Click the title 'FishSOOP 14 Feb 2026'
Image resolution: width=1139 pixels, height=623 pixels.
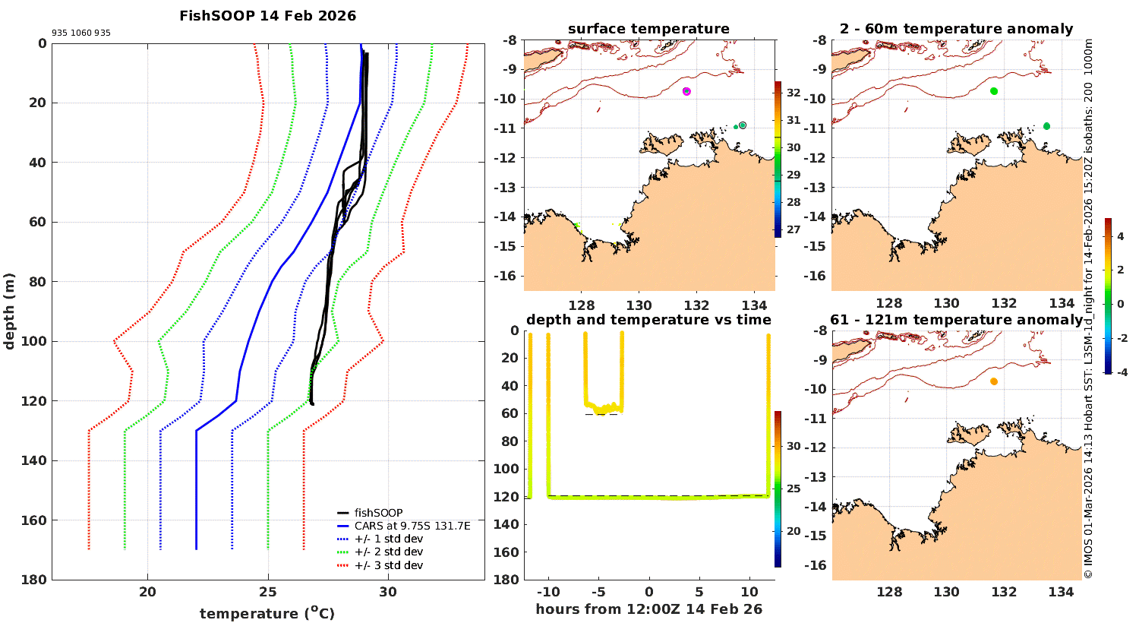(x=267, y=15)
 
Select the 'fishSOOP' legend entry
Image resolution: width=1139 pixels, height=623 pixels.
(x=378, y=513)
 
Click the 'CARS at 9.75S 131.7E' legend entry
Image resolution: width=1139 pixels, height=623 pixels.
(x=412, y=526)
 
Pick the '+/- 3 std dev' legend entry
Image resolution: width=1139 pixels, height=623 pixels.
(x=388, y=565)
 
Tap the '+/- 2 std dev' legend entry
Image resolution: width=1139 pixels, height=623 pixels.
(x=388, y=552)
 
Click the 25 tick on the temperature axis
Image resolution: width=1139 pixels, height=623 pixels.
(x=268, y=593)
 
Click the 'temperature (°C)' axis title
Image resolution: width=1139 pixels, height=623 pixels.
(x=267, y=613)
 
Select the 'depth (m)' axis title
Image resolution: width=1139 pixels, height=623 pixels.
(x=10, y=311)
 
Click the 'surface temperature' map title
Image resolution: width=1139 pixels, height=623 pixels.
(x=648, y=29)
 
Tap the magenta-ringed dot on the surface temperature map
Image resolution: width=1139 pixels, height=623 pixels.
(x=686, y=91)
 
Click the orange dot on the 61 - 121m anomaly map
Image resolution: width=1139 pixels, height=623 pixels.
(x=994, y=381)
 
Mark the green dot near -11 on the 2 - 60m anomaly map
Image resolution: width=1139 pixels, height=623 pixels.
(x=1046, y=126)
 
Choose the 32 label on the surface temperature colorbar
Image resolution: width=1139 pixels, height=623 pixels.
(x=794, y=93)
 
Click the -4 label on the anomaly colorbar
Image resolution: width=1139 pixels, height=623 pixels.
(x=1121, y=372)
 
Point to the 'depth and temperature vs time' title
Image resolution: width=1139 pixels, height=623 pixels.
(x=648, y=320)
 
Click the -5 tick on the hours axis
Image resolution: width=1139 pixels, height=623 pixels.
(x=598, y=593)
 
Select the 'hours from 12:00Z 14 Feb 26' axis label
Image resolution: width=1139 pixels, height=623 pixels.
(x=648, y=609)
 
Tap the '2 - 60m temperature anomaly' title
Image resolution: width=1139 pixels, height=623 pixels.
(x=957, y=29)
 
